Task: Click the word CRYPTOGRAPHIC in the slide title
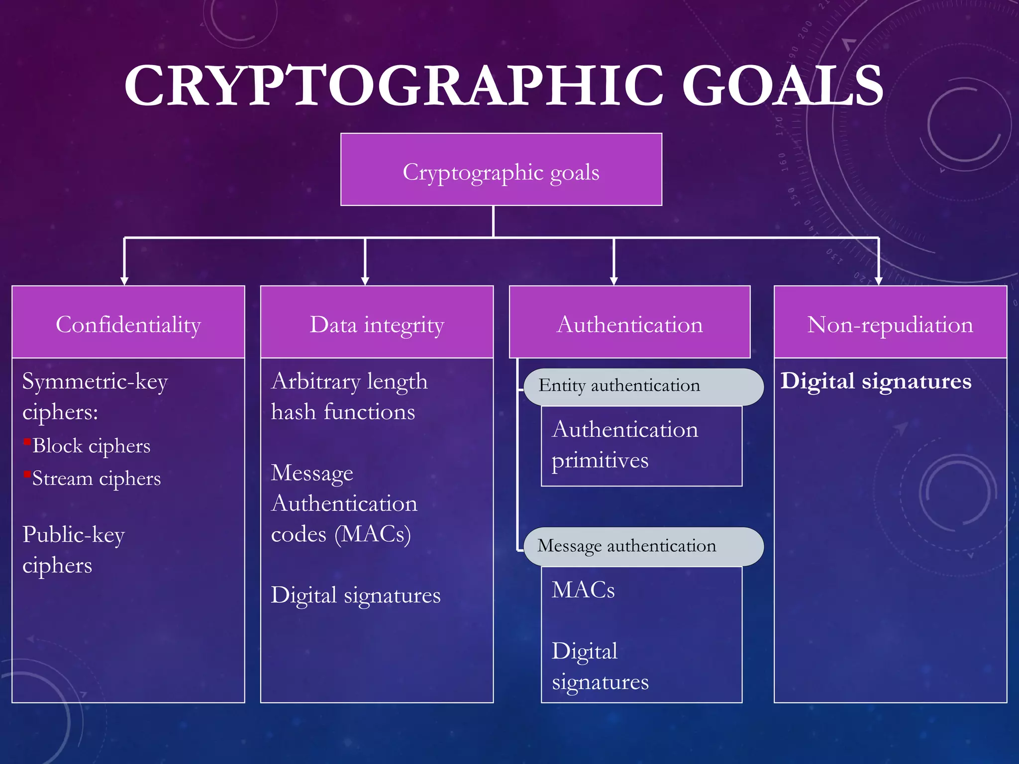(x=393, y=86)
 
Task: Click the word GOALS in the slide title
(x=782, y=86)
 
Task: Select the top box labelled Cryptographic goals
(x=501, y=170)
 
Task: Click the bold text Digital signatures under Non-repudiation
(x=876, y=382)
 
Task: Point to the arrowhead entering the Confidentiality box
(x=124, y=281)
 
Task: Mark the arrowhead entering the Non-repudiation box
(x=878, y=281)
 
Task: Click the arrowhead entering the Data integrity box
(x=365, y=281)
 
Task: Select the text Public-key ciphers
(x=74, y=550)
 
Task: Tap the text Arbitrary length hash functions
(x=348, y=396)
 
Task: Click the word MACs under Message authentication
(x=583, y=590)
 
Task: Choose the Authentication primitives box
(x=641, y=446)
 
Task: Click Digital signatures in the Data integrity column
(x=356, y=595)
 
